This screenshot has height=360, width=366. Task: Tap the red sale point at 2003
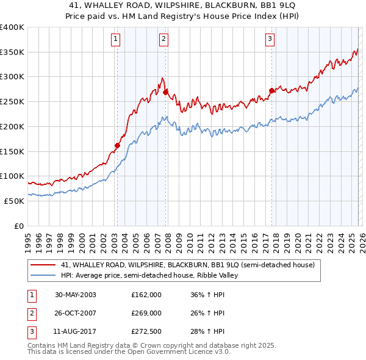tap(117, 146)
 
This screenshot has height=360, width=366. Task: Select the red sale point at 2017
tap(271, 91)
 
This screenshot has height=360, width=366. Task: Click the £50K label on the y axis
tap(14, 201)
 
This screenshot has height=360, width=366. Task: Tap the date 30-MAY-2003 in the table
tap(76, 295)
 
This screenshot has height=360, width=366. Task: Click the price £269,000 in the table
tap(146, 313)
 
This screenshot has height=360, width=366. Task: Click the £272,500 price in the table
tap(146, 331)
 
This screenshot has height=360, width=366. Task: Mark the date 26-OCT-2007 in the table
tap(76, 313)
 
